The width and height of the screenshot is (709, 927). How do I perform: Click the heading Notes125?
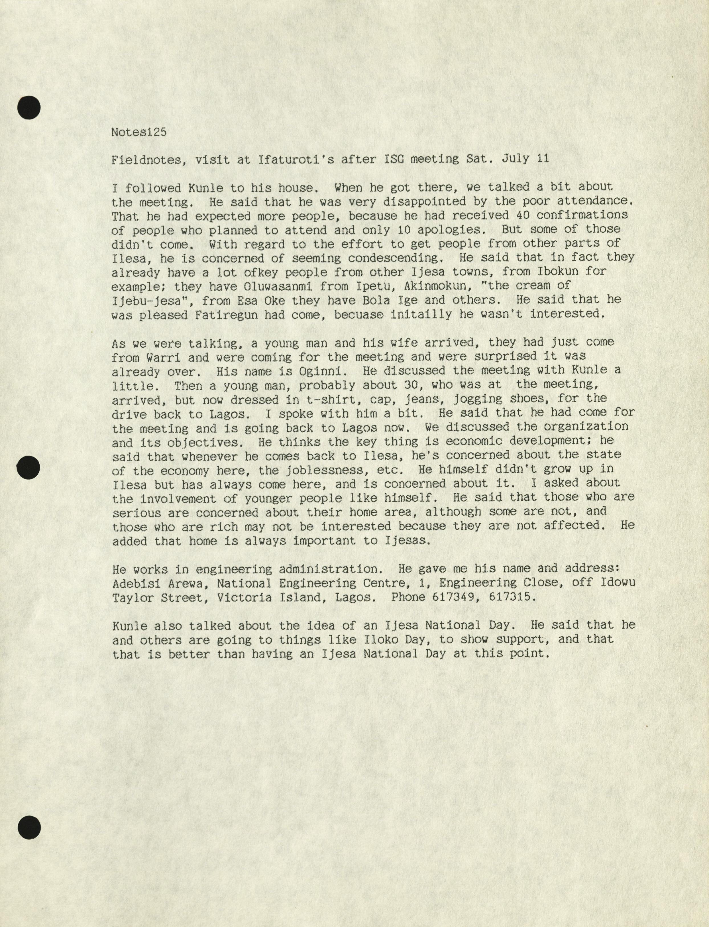[x=139, y=132]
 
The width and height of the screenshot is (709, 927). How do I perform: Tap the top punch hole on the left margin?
[x=29, y=107]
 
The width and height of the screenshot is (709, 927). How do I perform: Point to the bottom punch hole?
[x=29, y=826]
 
